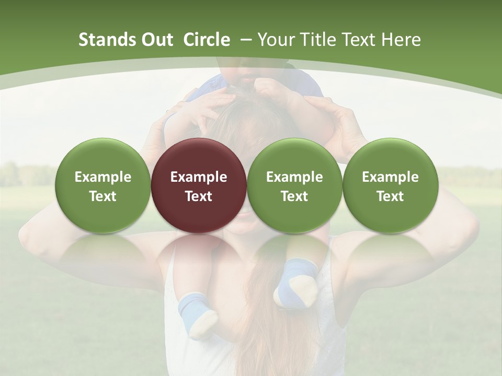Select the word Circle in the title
(207, 40)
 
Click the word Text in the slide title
(360, 40)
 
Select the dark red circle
(199, 186)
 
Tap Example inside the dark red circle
(199, 177)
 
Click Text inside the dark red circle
(199, 196)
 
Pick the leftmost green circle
(102, 186)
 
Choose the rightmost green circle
(390, 186)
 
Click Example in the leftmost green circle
(102, 177)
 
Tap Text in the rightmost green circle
(390, 196)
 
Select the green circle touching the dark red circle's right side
(294, 186)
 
